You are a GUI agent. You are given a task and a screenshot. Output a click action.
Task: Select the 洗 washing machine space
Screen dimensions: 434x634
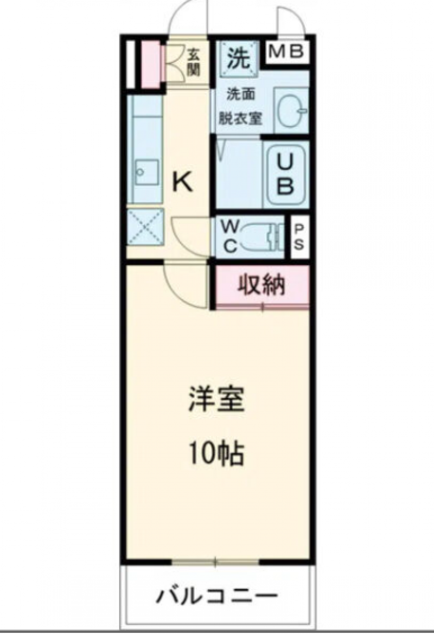tap(239, 58)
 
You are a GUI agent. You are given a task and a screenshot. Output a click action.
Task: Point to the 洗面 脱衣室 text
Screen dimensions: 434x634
tap(240, 106)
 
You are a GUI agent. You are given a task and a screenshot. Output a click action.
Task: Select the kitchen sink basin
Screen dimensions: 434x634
tap(146, 172)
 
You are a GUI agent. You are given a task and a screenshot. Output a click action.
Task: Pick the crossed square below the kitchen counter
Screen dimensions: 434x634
tap(145, 227)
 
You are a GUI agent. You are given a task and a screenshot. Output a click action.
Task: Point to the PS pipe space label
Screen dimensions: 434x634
tap(299, 238)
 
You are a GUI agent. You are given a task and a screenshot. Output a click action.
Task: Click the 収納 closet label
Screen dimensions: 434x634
tap(261, 285)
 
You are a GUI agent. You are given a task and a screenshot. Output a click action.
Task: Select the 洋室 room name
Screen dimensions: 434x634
tap(216, 399)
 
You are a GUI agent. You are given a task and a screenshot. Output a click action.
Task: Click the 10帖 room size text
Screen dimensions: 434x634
tap(216, 453)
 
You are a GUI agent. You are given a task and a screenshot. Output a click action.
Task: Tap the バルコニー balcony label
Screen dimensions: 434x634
tap(217, 595)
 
